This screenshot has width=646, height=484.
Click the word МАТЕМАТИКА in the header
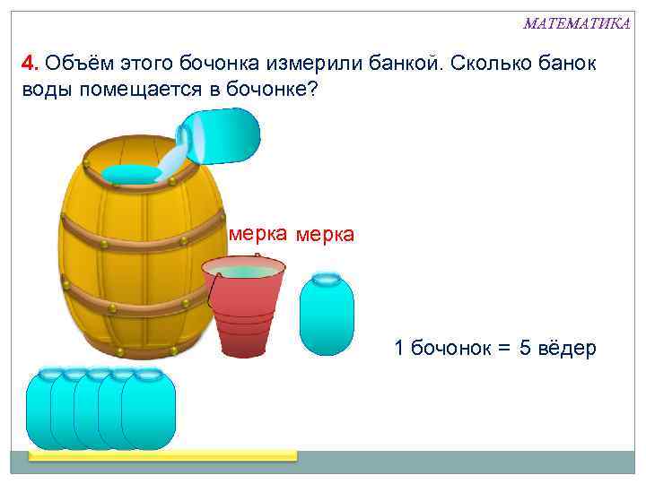(x=577, y=23)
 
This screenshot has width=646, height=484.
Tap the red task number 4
(x=29, y=65)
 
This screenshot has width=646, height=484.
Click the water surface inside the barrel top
(x=131, y=173)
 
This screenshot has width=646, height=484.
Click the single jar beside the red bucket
(x=327, y=313)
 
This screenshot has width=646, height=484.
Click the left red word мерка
(x=258, y=234)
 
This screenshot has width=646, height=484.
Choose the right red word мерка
(x=325, y=235)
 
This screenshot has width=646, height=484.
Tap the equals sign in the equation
(x=503, y=349)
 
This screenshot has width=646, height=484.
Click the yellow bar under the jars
(x=161, y=455)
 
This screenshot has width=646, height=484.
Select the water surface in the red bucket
(x=244, y=270)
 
